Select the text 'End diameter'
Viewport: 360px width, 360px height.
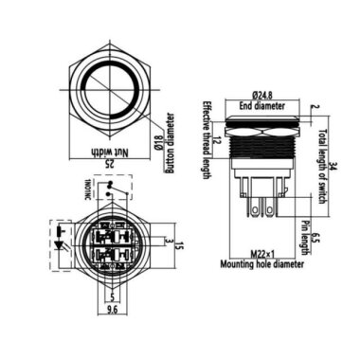[258, 106]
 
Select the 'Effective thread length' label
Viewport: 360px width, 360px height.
[203, 133]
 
